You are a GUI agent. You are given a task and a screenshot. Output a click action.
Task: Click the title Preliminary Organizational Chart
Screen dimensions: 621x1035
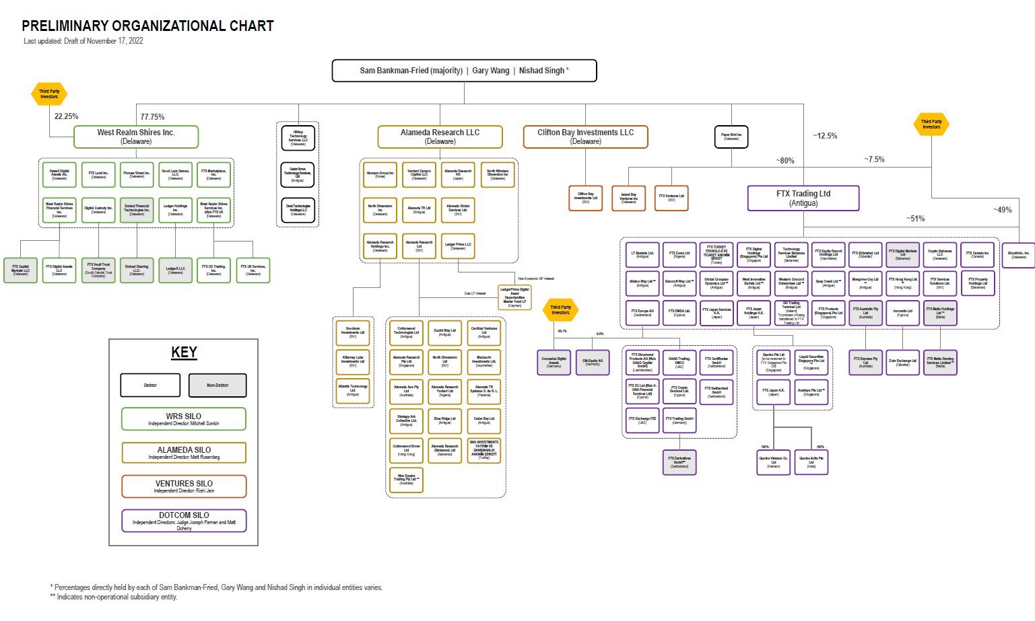pos(147,26)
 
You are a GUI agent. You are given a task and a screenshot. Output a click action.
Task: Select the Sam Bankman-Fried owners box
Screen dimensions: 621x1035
pos(464,71)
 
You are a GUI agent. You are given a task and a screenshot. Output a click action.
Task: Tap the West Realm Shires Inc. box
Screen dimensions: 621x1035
pos(136,137)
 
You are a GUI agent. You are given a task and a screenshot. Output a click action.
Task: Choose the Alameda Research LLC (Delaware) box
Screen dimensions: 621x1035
pos(440,137)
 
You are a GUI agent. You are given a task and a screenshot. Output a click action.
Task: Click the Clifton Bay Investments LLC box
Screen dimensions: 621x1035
pos(585,137)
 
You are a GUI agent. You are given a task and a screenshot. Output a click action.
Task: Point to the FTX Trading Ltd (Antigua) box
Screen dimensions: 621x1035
pos(803,198)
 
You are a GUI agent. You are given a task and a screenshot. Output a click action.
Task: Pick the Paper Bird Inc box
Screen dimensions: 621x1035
pos(731,137)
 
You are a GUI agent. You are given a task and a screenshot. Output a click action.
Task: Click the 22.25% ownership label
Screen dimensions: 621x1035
pos(66,116)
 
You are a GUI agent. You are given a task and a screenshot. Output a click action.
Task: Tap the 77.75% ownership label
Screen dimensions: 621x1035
pos(152,117)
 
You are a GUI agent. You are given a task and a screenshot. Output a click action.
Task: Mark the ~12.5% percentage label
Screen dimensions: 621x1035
pos(825,136)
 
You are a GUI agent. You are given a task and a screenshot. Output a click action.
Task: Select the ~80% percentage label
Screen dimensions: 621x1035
pos(784,161)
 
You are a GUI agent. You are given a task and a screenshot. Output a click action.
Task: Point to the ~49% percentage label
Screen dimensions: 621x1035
pos(1002,210)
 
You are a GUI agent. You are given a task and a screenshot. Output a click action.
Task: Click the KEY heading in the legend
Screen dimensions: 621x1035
pos(184,353)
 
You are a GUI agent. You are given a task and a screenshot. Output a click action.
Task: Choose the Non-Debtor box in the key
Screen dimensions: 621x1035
pos(218,386)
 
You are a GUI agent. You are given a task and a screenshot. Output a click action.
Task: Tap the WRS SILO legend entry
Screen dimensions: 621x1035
pos(184,419)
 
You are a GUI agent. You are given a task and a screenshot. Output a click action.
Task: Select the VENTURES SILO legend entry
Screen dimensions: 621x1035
pos(184,486)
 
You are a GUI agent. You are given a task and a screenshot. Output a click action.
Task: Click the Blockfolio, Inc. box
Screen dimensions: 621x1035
pos(1018,255)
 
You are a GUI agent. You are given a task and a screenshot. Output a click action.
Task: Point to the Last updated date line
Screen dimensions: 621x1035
pos(84,41)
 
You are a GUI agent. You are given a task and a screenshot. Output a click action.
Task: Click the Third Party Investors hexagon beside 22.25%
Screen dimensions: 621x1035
pos(49,94)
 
